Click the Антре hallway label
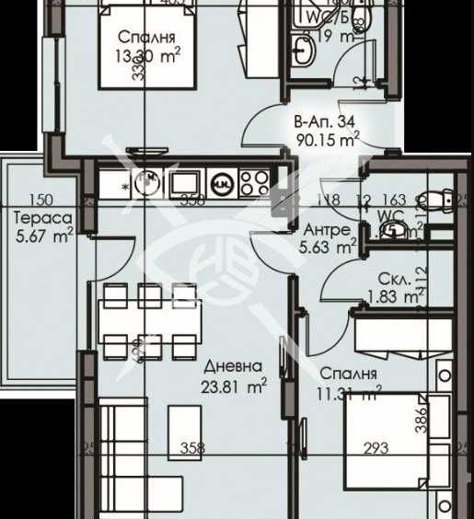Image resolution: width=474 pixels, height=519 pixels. (326, 229)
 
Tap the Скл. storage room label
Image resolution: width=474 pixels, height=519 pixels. (392, 279)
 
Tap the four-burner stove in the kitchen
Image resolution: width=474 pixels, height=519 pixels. (255, 183)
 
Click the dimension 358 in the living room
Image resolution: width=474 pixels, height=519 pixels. (191, 449)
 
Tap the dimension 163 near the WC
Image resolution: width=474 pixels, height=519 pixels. (393, 197)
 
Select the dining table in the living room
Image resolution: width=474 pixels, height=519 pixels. (151, 322)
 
